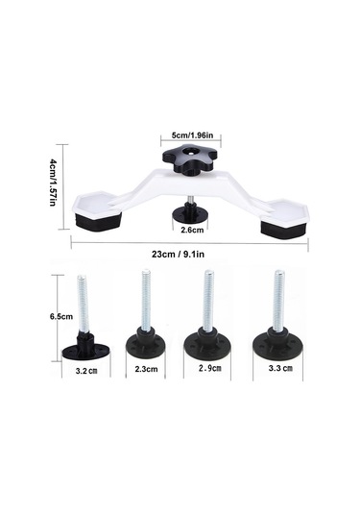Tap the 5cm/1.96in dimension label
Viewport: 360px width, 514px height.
(x=192, y=135)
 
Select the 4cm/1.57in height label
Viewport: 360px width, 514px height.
(x=53, y=183)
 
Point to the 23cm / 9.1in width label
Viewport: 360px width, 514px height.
(x=178, y=254)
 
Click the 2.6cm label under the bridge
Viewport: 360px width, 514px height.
(x=192, y=230)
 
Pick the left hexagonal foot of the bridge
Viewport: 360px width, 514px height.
(x=97, y=210)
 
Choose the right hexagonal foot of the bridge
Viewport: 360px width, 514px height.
(x=284, y=219)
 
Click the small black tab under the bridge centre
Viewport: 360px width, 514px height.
(x=189, y=213)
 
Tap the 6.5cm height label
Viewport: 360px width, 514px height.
(x=61, y=317)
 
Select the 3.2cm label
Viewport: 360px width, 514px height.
(x=86, y=371)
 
